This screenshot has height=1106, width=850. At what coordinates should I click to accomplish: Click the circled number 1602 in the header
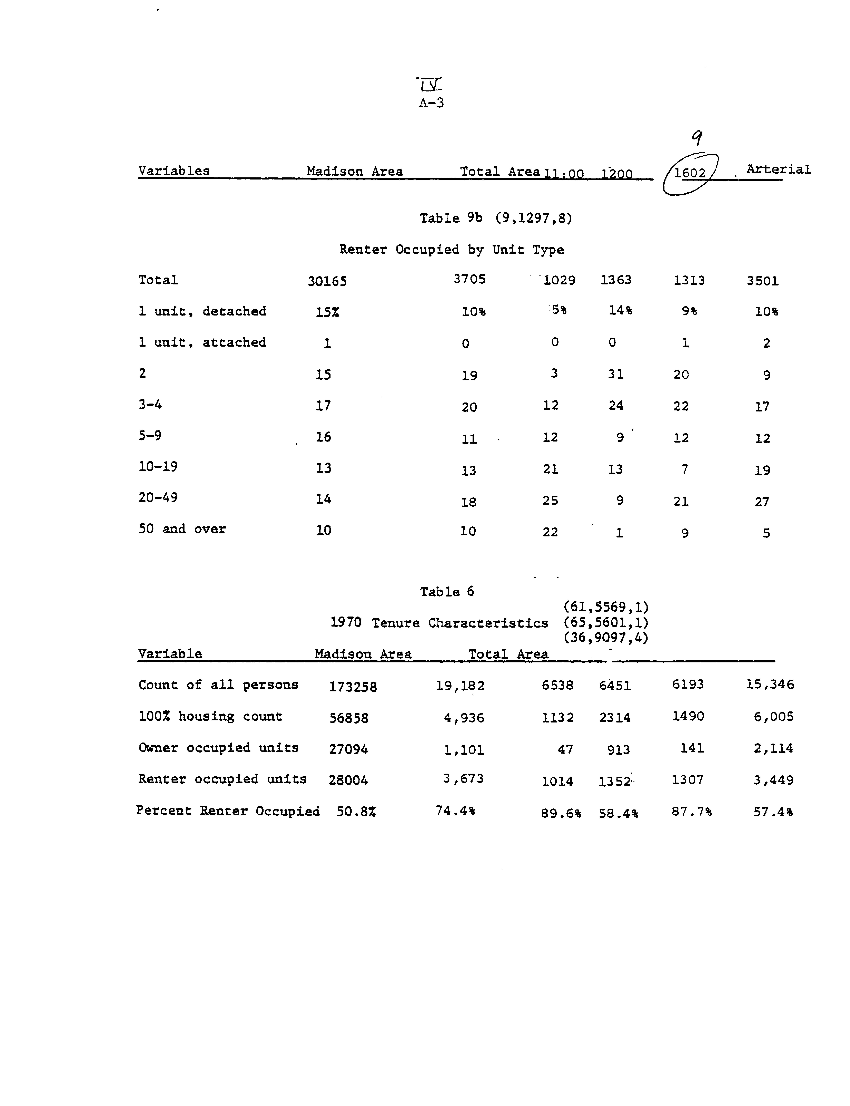690,173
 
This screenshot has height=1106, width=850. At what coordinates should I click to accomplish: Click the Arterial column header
778,169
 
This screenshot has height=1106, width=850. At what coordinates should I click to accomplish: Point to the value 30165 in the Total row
327,281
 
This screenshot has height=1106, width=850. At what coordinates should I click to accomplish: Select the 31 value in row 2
616,374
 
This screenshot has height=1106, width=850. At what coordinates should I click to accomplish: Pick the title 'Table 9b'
450,218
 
